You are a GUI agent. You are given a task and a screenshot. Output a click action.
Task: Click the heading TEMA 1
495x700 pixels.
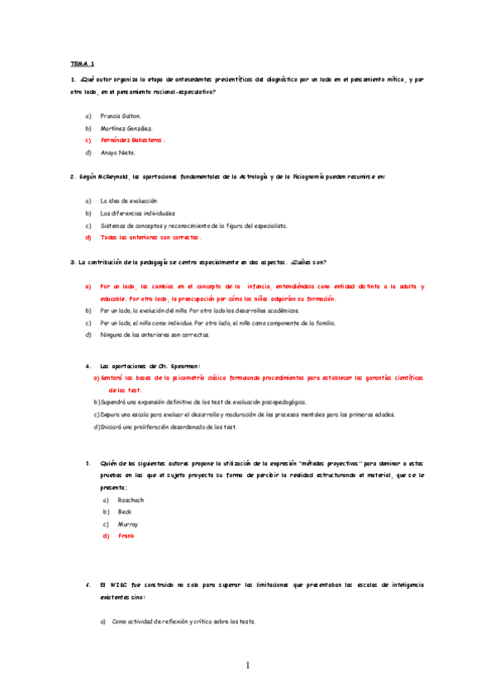coord(83,63)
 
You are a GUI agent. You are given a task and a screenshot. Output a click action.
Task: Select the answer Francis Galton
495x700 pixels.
coord(121,116)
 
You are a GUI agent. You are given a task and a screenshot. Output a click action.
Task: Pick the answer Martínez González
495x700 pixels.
coord(126,128)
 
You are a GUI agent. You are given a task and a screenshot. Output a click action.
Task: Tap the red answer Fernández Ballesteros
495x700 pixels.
coord(131,140)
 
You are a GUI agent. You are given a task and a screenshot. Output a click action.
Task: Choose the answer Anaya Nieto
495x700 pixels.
coord(118,153)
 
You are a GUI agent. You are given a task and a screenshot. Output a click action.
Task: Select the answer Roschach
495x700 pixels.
coord(131,500)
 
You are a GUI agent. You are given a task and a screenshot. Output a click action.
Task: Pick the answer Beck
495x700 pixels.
coord(125,512)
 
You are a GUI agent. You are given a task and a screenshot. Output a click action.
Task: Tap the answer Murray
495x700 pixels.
coord(127,524)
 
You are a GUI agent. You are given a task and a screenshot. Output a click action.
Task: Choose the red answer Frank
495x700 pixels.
coord(126,536)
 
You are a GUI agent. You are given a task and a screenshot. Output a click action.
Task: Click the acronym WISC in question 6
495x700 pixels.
coord(117,584)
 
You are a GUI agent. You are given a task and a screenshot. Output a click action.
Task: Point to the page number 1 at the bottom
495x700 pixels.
coord(247,665)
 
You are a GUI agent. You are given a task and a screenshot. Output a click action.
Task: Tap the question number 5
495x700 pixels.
coord(88,463)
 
